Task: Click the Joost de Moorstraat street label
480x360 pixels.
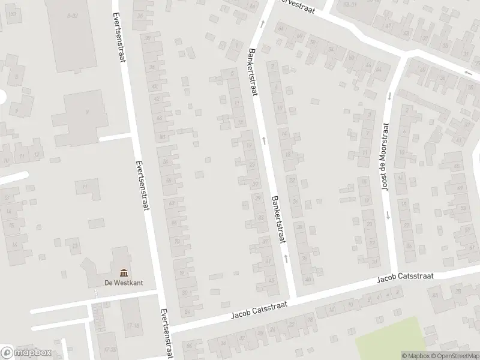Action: (x=385, y=156)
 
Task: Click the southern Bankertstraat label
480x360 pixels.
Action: (x=278, y=218)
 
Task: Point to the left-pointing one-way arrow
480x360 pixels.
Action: (x=467, y=73)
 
